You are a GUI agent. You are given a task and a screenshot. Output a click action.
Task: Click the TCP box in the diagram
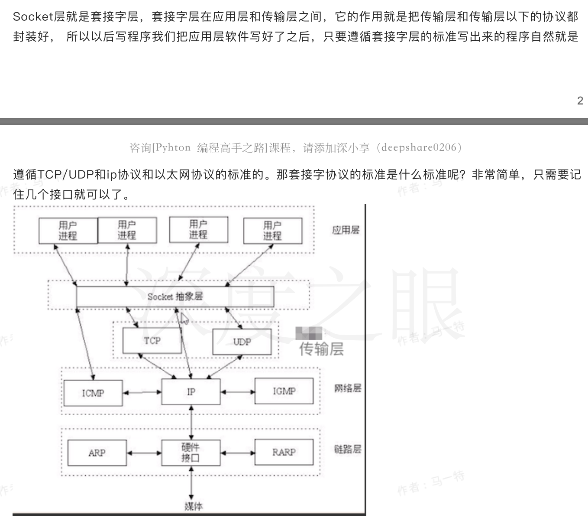[x=152, y=341]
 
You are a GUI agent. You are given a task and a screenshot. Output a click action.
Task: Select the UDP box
[x=242, y=342]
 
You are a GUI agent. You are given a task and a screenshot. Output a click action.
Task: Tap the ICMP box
[x=93, y=393]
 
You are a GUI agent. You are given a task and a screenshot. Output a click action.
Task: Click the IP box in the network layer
[x=191, y=392]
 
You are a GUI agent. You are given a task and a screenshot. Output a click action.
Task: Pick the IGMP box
[x=284, y=391]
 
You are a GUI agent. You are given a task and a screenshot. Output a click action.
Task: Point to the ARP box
[x=97, y=453]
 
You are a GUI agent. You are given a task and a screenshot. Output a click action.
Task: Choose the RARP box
[x=284, y=452]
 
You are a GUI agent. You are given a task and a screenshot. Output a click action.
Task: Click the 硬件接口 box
[x=191, y=453]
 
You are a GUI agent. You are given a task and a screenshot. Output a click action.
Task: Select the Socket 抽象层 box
[x=175, y=297]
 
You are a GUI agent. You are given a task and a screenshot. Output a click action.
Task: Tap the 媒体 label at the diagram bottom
[x=193, y=506]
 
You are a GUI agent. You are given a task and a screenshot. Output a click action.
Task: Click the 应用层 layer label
[x=346, y=230]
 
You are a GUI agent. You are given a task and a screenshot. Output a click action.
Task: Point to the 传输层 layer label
[x=321, y=349]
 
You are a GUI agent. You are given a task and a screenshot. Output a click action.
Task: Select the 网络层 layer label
[x=347, y=388]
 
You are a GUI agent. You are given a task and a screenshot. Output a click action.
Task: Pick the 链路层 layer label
[x=347, y=449]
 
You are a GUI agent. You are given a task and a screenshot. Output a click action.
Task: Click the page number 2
[x=580, y=101]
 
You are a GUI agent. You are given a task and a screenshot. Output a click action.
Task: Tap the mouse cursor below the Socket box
[x=184, y=319]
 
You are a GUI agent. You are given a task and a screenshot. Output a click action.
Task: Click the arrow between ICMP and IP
[x=142, y=392]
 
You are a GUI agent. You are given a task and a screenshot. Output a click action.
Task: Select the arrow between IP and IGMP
[x=237, y=392]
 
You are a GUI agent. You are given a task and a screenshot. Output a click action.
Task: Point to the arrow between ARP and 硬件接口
[x=144, y=453]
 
